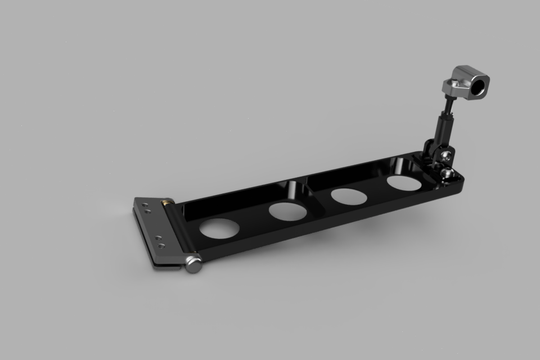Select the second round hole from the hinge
[288, 211]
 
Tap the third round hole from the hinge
[349, 197]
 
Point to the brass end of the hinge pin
[166, 200]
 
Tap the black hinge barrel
[180, 231]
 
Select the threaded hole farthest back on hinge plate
[146, 206]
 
